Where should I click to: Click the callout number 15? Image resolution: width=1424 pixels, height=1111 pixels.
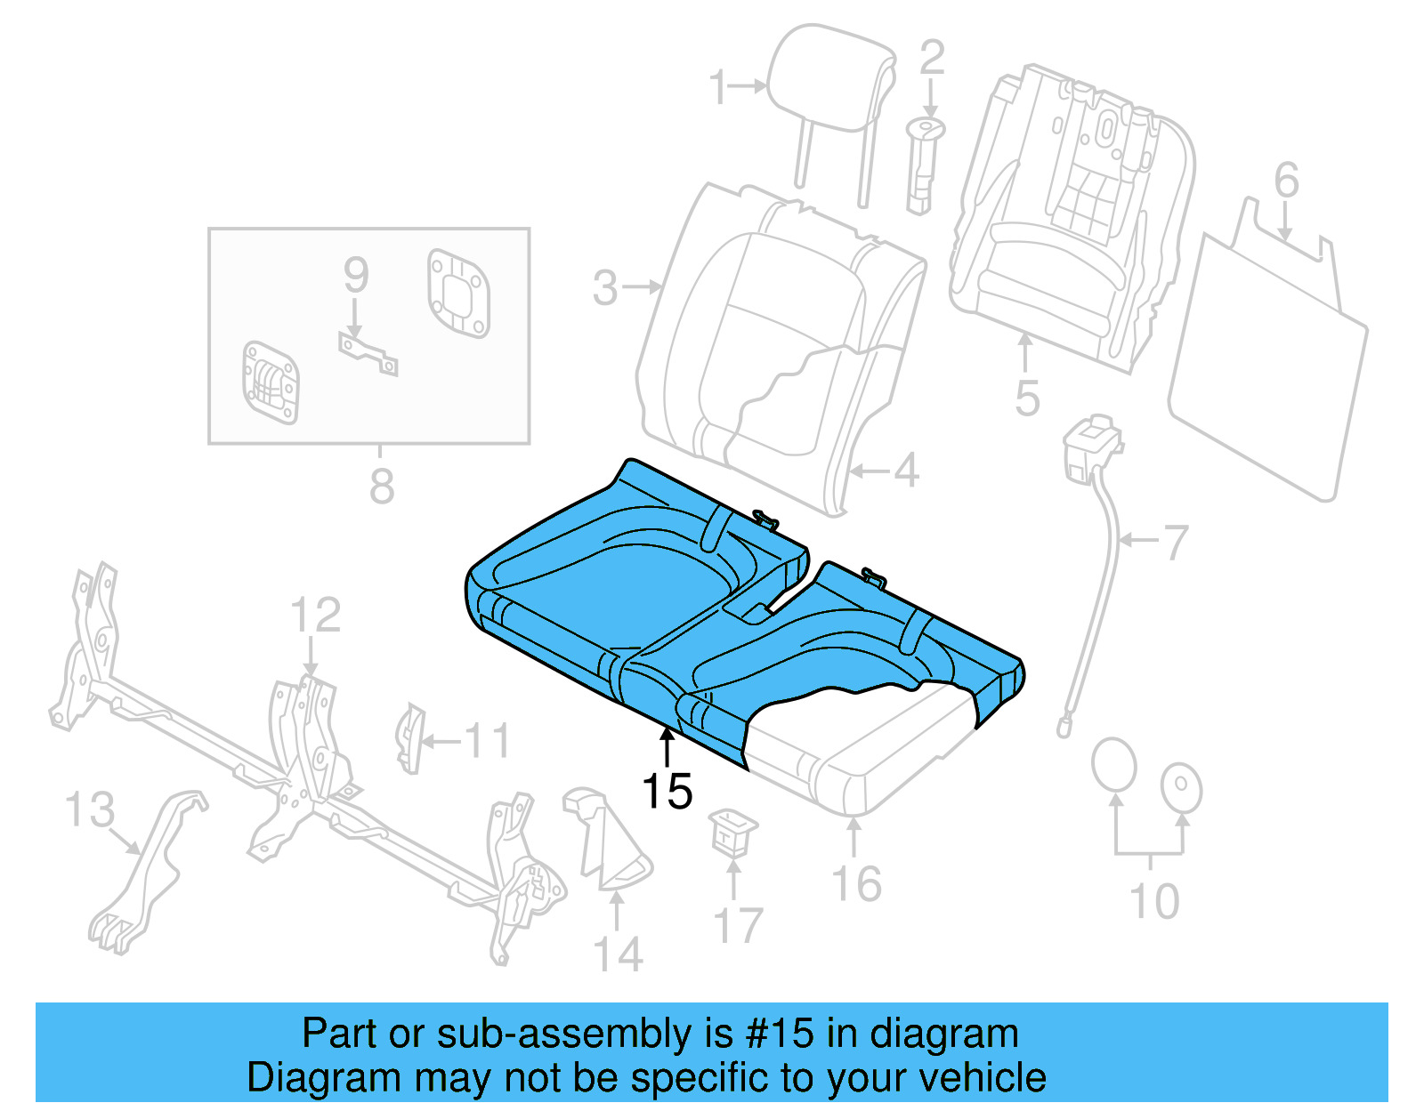[x=667, y=791]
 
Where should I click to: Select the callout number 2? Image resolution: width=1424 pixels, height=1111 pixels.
[x=931, y=58]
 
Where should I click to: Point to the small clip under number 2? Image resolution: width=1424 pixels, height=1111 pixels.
[x=923, y=165]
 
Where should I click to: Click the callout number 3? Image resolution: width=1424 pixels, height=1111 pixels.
[x=605, y=288]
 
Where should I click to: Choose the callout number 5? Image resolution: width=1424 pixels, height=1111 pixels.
[x=1027, y=398]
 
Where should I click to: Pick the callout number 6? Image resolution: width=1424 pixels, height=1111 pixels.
[x=1286, y=181]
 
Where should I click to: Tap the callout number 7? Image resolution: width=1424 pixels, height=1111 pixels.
[x=1176, y=542]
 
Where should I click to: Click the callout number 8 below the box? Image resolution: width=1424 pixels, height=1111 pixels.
[x=382, y=487]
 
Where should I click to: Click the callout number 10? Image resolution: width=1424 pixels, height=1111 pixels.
[x=1153, y=901]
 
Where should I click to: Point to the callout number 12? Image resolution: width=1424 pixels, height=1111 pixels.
[x=315, y=616]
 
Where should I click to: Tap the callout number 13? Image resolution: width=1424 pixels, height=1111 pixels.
[x=90, y=810]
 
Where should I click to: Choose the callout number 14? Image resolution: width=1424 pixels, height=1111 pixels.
[x=617, y=954]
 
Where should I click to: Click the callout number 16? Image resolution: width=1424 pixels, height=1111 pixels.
[x=856, y=884]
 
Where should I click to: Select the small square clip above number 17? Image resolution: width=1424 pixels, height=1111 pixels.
[x=733, y=831]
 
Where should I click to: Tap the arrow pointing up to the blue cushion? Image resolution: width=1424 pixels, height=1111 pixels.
[x=667, y=745]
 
